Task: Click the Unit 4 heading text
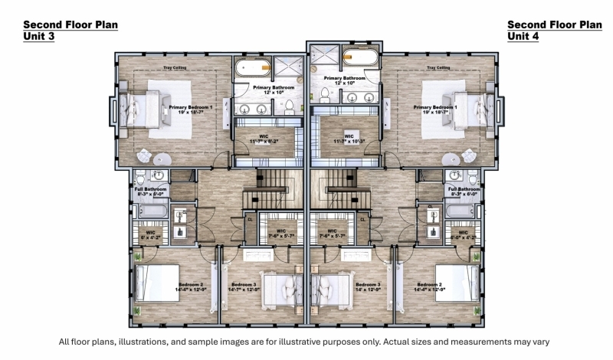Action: click(x=523, y=36)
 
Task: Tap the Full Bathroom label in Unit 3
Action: click(x=152, y=191)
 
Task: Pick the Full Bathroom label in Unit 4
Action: click(x=464, y=191)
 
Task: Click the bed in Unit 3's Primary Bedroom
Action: click(x=143, y=109)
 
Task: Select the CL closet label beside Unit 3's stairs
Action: click(x=251, y=218)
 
